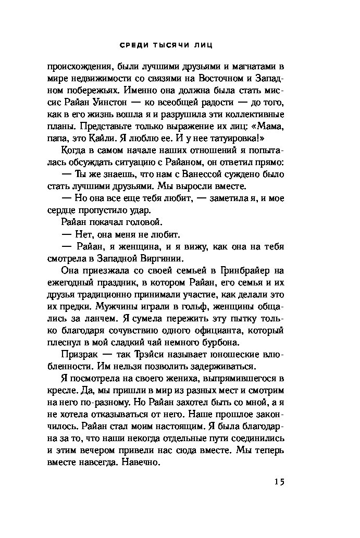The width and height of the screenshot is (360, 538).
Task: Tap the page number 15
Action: [278, 482]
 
